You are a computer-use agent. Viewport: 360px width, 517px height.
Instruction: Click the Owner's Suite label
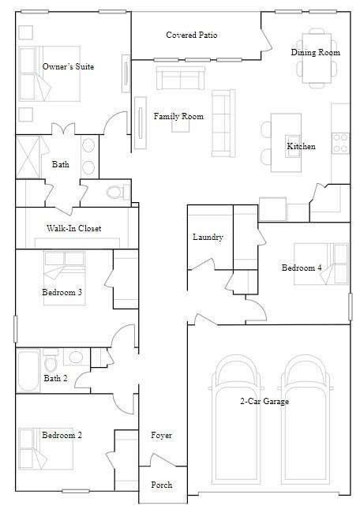click(x=68, y=67)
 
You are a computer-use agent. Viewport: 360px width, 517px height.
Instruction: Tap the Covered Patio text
click(x=192, y=36)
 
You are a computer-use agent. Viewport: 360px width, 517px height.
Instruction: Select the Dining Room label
click(x=316, y=52)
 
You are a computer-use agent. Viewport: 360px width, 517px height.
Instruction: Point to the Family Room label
click(x=178, y=117)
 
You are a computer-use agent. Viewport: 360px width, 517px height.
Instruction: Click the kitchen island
click(x=287, y=142)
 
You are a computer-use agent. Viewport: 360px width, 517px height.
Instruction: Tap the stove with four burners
click(x=341, y=142)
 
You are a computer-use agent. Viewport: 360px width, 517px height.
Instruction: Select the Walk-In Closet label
click(x=73, y=229)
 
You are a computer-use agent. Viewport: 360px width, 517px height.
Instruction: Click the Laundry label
click(x=208, y=238)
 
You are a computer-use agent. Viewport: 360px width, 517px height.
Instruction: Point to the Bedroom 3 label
click(x=62, y=293)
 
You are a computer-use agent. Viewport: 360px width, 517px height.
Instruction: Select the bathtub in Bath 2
click(x=28, y=371)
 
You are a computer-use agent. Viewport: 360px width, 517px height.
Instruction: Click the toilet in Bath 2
click(x=51, y=364)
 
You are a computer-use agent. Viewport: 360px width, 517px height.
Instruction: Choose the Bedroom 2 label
click(x=62, y=436)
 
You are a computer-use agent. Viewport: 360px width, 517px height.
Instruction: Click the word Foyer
click(x=161, y=436)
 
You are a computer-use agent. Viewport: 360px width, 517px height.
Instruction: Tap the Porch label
click(x=161, y=485)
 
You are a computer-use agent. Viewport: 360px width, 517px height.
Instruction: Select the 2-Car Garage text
click(x=264, y=402)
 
